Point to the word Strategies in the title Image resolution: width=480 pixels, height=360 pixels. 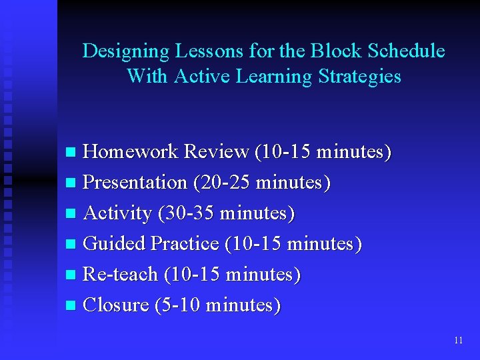pos(360,77)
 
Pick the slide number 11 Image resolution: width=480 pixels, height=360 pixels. pos(458,340)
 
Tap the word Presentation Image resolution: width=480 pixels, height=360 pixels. pos(135,183)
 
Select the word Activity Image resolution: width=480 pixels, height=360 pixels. pos(117,213)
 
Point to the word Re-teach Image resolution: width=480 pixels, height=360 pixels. pos(121,275)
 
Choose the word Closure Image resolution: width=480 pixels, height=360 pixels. pos(116,305)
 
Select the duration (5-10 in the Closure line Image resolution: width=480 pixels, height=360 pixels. pos(178,305)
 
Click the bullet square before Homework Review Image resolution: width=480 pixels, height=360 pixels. pos(72,153)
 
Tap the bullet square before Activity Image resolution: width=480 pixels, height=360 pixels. pos(72,215)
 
